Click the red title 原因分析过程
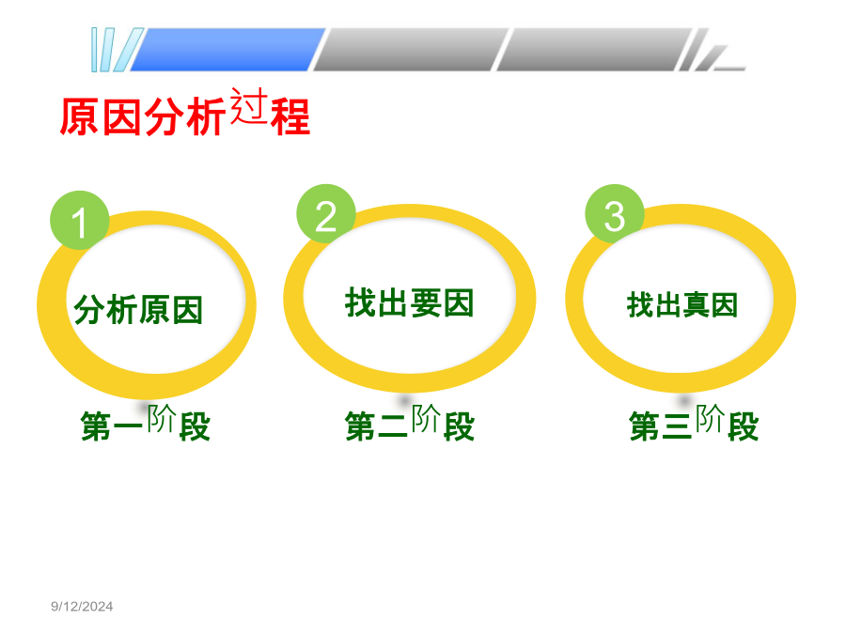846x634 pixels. pyautogui.click(x=185, y=112)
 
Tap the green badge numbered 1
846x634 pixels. pyautogui.click(x=79, y=221)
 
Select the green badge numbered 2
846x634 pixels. pyautogui.click(x=326, y=214)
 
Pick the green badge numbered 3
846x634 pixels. pyautogui.click(x=615, y=214)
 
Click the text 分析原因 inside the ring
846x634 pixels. pyautogui.click(x=138, y=309)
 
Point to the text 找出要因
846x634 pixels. pyautogui.click(x=410, y=302)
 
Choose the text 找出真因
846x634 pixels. pyautogui.click(x=682, y=304)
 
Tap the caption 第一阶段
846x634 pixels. pyautogui.click(x=145, y=423)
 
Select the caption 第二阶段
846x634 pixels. pyautogui.click(x=410, y=423)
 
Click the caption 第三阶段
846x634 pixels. pyautogui.click(x=694, y=423)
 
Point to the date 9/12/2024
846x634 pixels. pyautogui.click(x=82, y=607)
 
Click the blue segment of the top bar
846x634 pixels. pyautogui.click(x=227, y=50)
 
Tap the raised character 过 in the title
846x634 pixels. pyautogui.click(x=249, y=105)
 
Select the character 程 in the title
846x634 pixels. pyautogui.click(x=290, y=116)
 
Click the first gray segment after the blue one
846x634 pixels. pyautogui.click(x=411, y=50)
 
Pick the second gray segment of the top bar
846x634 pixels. pyautogui.click(x=595, y=50)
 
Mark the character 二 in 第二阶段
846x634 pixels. pyautogui.click(x=393, y=426)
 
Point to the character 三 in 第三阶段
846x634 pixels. pyautogui.click(x=677, y=426)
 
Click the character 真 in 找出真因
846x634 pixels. pyautogui.click(x=696, y=305)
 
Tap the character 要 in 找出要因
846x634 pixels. pyautogui.click(x=426, y=303)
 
